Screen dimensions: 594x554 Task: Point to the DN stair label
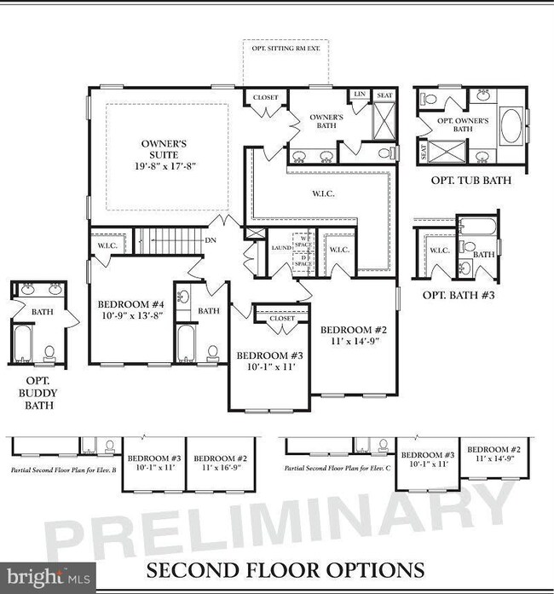pos(211,240)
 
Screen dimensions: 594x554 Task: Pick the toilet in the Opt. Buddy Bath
pos(49,351)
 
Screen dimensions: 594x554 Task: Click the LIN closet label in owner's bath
pos(361,95)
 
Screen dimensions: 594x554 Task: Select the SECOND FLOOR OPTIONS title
pos(285,568)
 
